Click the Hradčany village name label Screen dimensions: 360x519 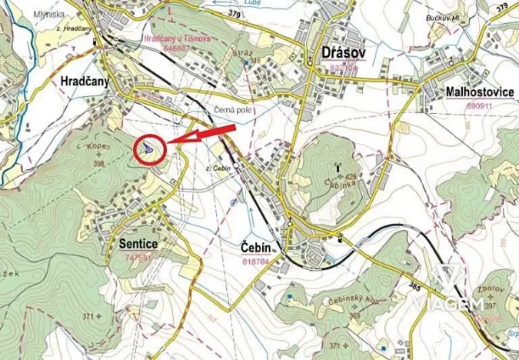click(x=85, y=81)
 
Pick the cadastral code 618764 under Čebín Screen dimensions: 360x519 click(x=255, y=261)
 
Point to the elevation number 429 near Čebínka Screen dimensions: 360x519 click(x=351, y=177)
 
